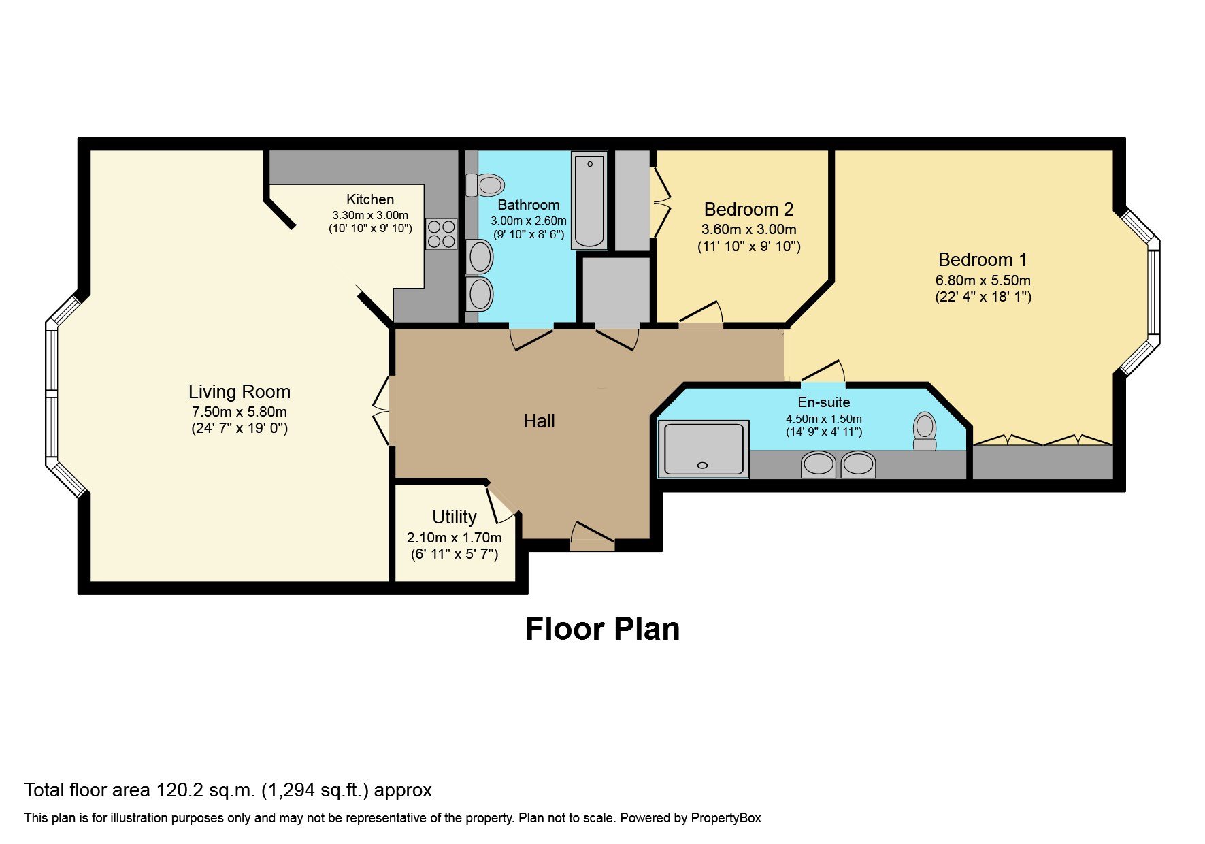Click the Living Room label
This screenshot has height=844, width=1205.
pyautogui.click(x=239, y=392)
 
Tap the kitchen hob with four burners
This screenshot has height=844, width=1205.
pyautogui.click(x=441, y=234)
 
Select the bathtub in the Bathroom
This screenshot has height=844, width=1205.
pyautogui.click(x=589, y=200)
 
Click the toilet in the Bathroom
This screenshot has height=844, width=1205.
pyautogui.click(x=486, y=184)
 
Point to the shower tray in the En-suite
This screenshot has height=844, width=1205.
pyautogui.click(x=704, y=449)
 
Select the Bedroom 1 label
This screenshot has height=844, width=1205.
pyautogui.click(x=982, y=260)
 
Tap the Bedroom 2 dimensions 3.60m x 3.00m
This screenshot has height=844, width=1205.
pyautogui.click(x=748, y=229)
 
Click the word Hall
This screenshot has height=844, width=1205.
pyautogui.click(x=539, y=421)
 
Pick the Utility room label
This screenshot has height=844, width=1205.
pyautogui.click(x=454, y=517)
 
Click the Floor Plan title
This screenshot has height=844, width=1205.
pyautogui.click(x=602, y=629)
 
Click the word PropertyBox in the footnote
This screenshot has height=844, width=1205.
pyautogui.click(x=725, y=818)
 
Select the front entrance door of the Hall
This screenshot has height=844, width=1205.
pyautogui.click(x=592, y=536)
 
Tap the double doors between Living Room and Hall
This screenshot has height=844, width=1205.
pyautogui.click(x=382, y=410)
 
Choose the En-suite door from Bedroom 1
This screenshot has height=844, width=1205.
pyautogui.click(x=823, y=372)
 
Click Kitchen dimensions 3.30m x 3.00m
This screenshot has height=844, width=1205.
pyautogui.click(x=370, y=215)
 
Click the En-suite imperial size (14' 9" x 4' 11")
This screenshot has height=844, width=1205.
pyautogui.click(x=823, y=432)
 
